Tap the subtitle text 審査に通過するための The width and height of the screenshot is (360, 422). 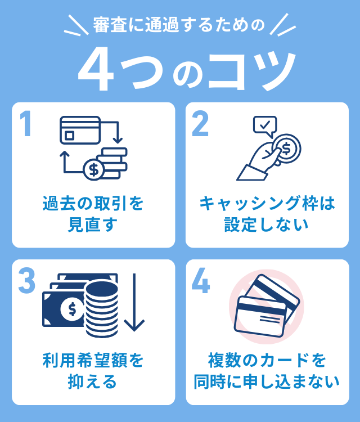(x=179, y=25)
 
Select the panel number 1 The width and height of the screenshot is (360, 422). (x=25, y=124)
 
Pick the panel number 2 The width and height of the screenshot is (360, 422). (x=200, y=124)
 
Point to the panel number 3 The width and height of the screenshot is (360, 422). (x=26, y=281)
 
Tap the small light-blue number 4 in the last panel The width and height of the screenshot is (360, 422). (x=201, y=281)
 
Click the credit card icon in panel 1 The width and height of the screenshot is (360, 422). (x=80, y=131)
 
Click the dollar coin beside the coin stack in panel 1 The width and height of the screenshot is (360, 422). (x=93, y=170)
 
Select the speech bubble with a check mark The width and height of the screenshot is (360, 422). (x=265, y=127)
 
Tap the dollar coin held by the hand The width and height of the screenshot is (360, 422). (x=286, y=149)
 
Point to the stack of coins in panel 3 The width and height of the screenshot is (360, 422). (x=102, y=309)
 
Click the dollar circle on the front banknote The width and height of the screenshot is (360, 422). (x=72, y=309)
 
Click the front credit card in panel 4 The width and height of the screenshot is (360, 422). (x=260, y=316)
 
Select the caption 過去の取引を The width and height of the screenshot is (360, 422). (x=93, y=204)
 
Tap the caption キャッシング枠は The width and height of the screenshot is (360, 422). (x=267, y=204)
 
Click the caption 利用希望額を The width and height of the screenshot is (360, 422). (x=93, y=361)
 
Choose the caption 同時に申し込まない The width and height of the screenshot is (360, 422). (x=267, y=381)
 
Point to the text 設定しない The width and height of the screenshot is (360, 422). (x=267, y=225)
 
